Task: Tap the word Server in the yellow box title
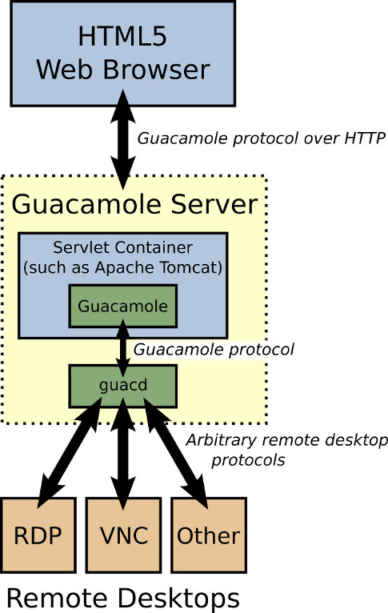[218, 205]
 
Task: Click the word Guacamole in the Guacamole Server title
[87, 205]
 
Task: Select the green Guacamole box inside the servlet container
[122, 306]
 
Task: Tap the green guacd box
[122, 386]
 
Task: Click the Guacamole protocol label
[206, 350]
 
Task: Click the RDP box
[38, 535]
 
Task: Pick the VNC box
[123, 535]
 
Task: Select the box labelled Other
[208, 535]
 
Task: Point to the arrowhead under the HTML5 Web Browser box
[122, 98]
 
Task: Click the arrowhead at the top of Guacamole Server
[122, 182]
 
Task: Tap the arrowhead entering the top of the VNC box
[122, 504]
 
